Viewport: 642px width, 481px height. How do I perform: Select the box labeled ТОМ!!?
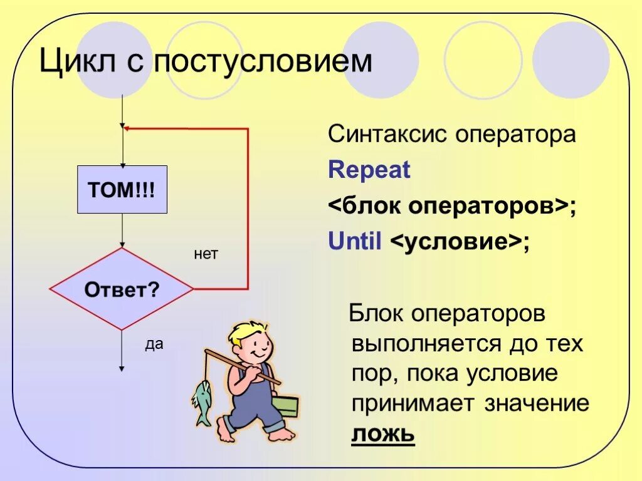point(122,190)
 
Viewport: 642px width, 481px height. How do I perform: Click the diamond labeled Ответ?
point(122,289)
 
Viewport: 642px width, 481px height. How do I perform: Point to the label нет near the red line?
point(206,254)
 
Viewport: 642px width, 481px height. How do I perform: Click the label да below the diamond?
point(154,344)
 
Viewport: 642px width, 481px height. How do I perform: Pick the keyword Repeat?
point(369,170)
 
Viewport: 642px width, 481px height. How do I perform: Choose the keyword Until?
point(355,242)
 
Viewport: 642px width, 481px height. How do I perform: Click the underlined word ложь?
point(383,434)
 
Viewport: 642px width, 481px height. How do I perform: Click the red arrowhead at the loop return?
point(127,128)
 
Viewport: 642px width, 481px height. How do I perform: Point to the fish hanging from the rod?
point(202,401)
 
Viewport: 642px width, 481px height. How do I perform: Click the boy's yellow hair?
point(246,332)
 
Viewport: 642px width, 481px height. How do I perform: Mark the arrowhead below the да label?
point(122,368)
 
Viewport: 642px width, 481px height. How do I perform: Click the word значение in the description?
point(537,404)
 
